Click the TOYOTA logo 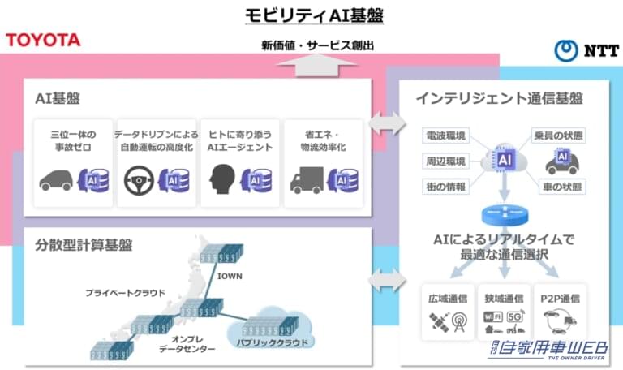43,40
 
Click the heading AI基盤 57,99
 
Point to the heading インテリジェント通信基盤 499,99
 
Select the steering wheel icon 138,181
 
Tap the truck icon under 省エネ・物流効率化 307,181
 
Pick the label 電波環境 445,135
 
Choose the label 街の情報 445,187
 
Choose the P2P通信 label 561,298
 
